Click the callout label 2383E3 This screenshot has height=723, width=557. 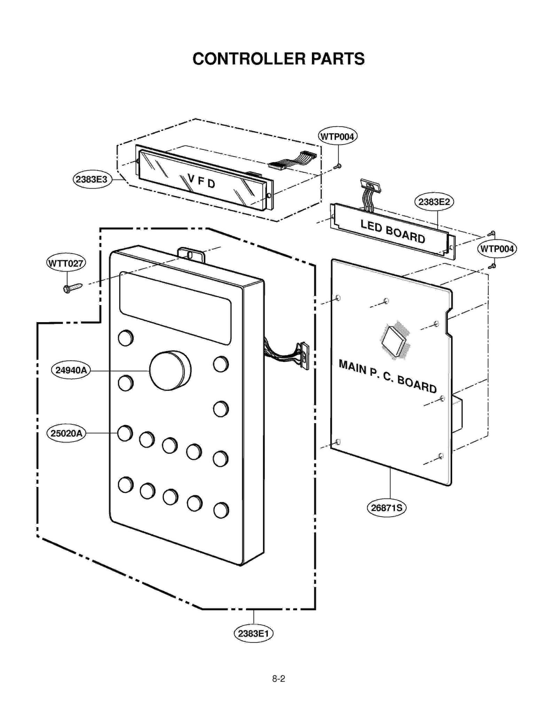pyautogui.click(x=92, y=179)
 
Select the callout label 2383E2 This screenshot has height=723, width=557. pyautogui.click(x=434, y=202)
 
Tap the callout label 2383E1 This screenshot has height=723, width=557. pyautogui.click(x=253, y=633)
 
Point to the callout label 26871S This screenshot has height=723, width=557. pyautogui.click(x=386, y=507)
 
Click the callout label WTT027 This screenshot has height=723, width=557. pyautogui.click(x=66, y=263)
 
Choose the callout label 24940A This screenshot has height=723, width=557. pyautogui.click(x=71, y=370)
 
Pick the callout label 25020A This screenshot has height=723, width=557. pyautogui.click(x=66, y=433)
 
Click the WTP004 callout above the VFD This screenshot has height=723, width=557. pyautogui.click(x=337, y=136)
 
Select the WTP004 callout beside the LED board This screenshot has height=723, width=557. pyautogui.click(x=496, y=249)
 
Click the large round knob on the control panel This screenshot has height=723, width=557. pyautogui.click(x=170, y=371)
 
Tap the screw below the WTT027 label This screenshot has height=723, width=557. pyautogui.click(x=72, y=288)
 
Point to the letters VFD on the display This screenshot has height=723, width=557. pyautogui.click(x=201, y=181)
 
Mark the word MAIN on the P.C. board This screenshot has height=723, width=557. pyautogui.click(x=352, y=366)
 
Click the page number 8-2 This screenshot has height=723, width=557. pyautogui.click(x=278, y=678)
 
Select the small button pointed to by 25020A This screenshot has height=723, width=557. pyautogui.click(x=125, y=433)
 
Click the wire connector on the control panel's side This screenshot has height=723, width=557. pyautogui.click(x=304, y=356)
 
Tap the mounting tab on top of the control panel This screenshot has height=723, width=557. pyautogui.click(x=191, y=255)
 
